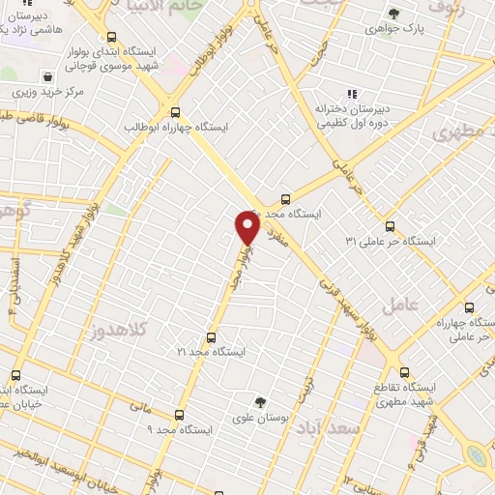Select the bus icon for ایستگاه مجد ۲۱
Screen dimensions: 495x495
tap(210, 337)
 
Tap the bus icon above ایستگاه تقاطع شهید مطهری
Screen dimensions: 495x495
tap(403, 371)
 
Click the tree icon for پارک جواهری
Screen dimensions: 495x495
tap(393, 14)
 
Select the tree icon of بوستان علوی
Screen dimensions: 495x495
tap(258, 402)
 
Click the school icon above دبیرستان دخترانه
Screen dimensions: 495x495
tap(352, 94)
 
